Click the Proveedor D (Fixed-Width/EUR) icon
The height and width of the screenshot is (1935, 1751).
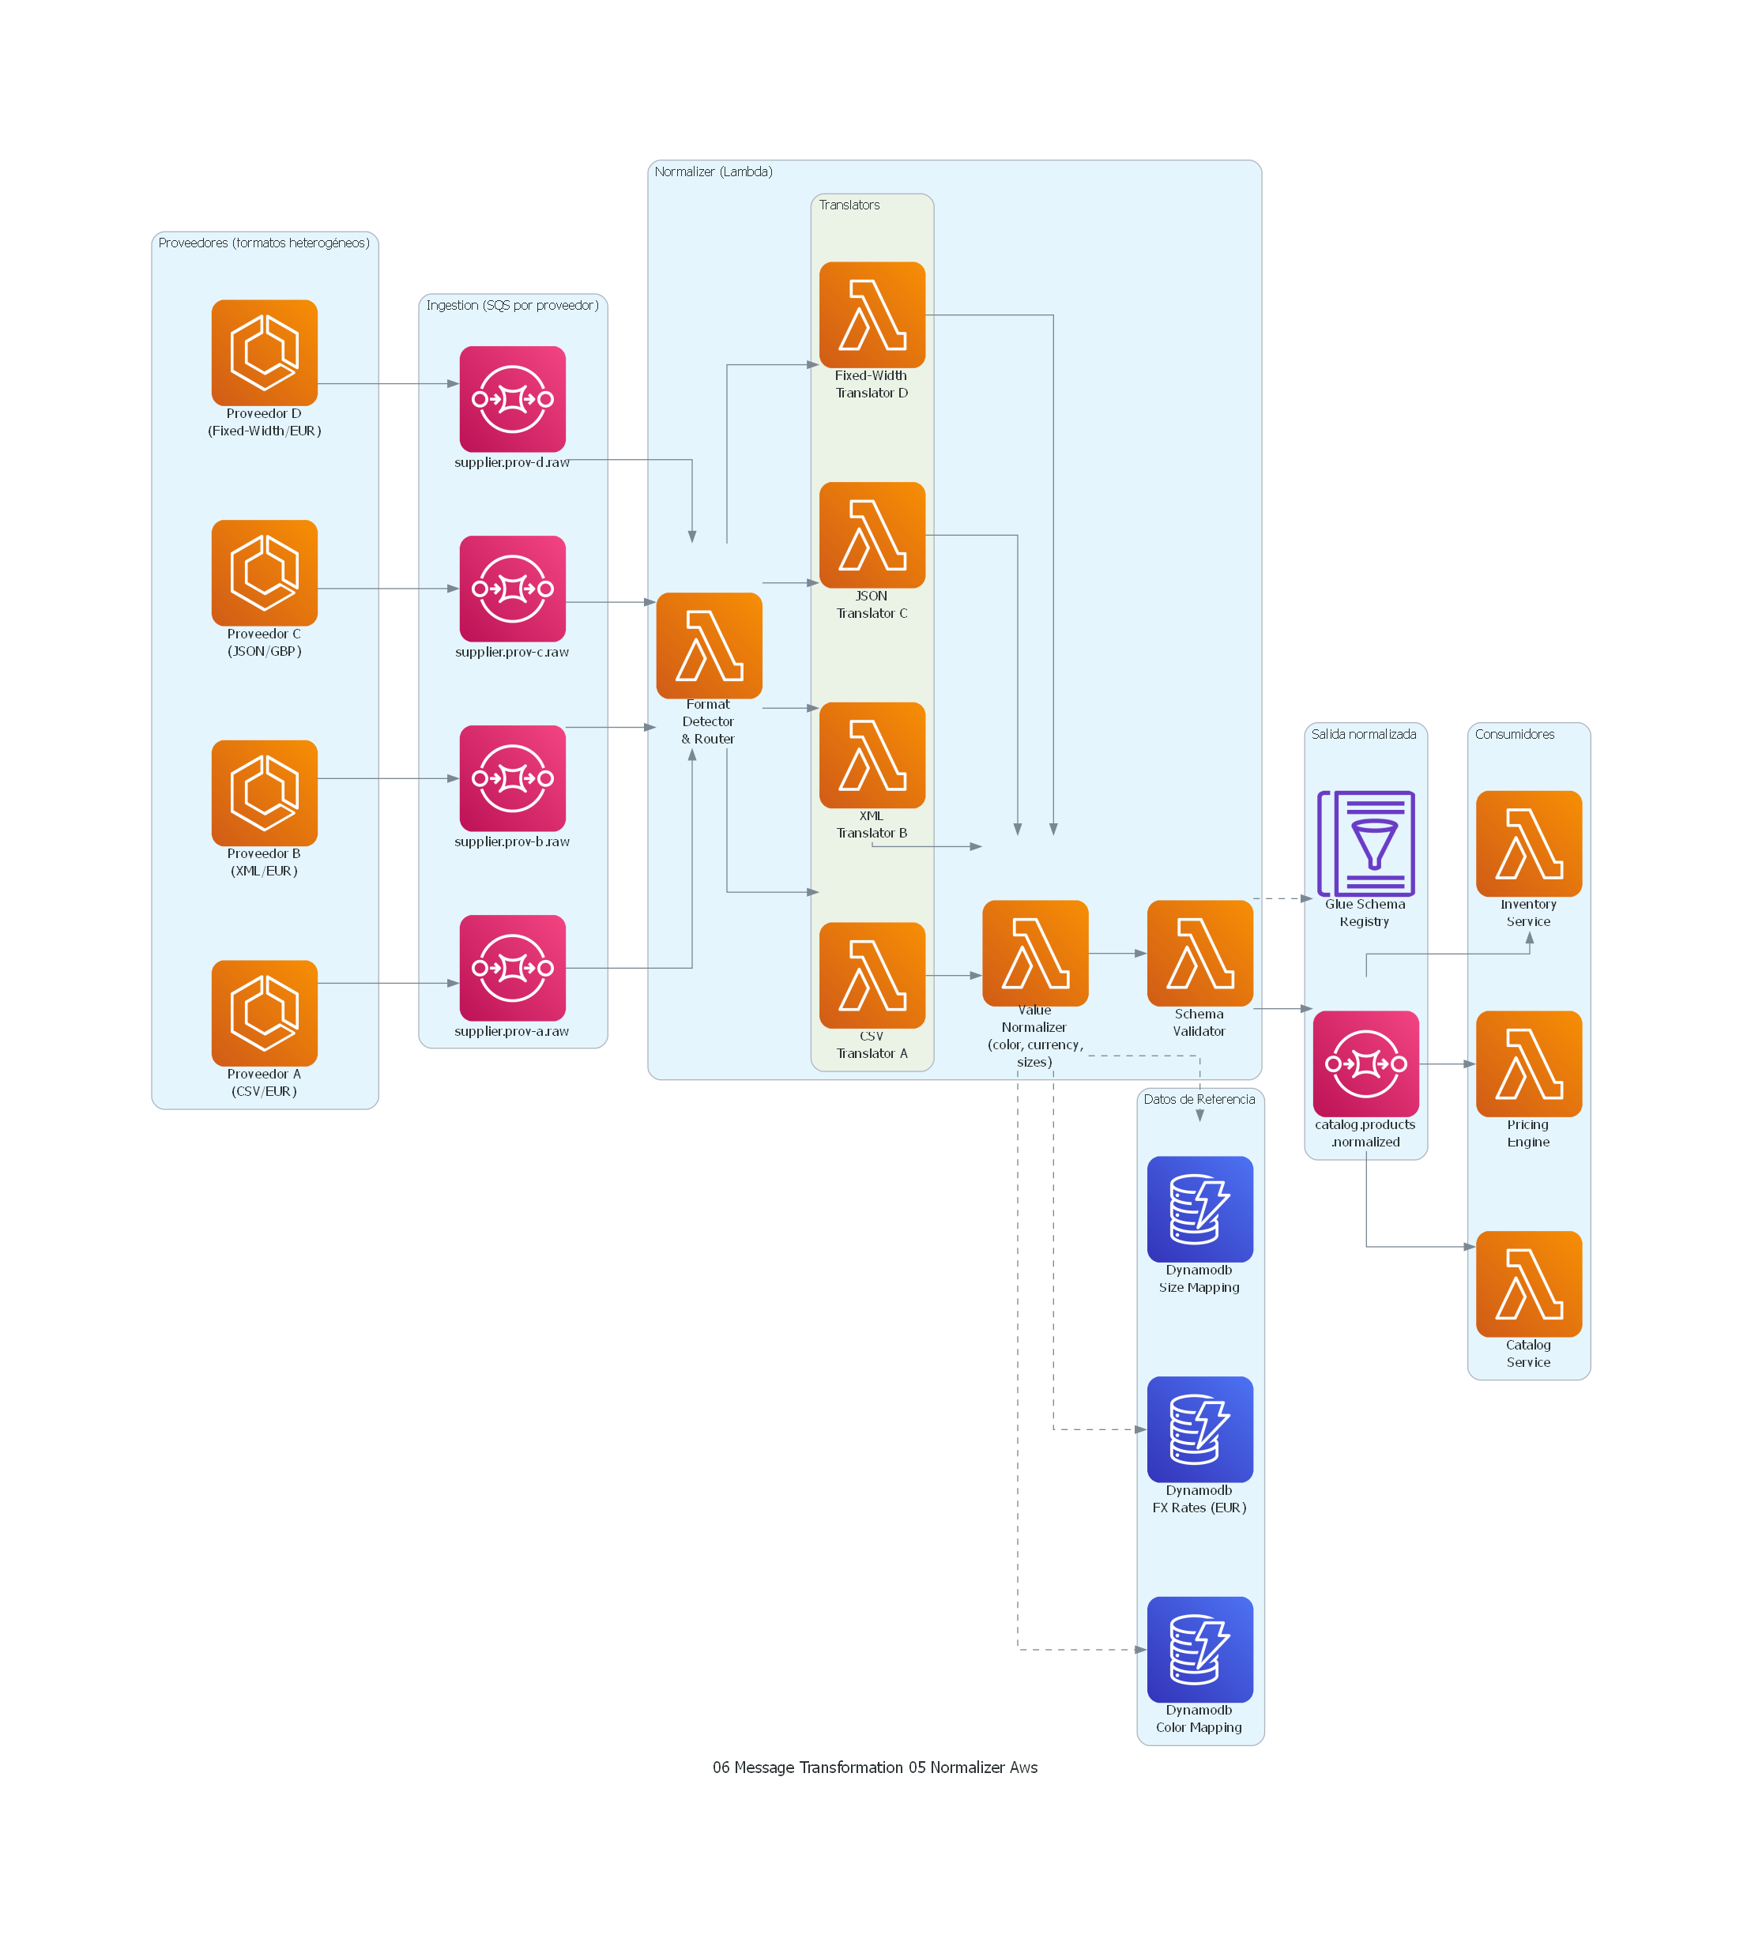[264, 352]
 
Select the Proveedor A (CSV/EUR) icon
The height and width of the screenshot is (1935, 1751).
[264, 1013]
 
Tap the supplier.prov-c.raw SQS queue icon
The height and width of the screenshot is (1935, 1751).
[512, 589]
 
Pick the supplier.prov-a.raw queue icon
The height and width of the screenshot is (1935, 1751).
[512, 967]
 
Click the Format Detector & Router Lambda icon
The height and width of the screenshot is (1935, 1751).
[709, 645]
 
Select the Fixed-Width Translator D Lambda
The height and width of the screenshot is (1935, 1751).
[872, 314]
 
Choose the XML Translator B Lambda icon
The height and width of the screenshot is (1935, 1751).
[872, 755]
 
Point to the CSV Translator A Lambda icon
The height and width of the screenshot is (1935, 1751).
[872, 975]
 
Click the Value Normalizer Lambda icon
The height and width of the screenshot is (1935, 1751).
[1035, 953]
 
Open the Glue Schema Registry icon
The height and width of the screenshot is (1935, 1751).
[1365, 843]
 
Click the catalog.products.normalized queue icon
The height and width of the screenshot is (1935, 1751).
[1365, 1063]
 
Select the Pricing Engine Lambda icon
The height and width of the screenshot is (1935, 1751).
[1528, 1063]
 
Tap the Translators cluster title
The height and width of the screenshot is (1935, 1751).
[849, 205]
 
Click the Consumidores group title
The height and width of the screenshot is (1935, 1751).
[1514, 734]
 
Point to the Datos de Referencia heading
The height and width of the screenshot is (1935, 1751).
[1199, 1099]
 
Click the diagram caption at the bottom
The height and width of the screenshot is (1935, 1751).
[875, 1767]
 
